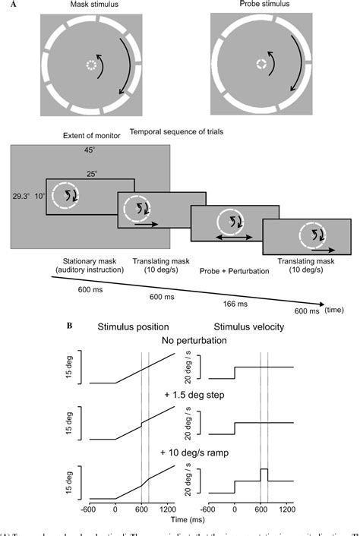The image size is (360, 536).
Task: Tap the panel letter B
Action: pyautogui.click(x=92, y=326)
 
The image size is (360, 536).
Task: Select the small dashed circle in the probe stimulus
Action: pyautogui.click(x=263, y=65)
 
